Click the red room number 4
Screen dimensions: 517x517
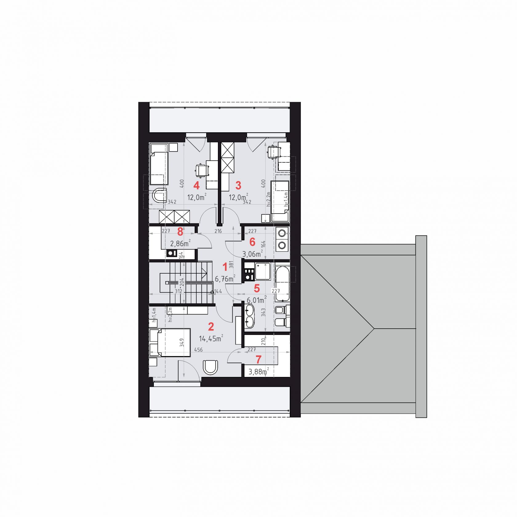click(x=196, y=186)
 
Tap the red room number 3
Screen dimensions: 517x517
click(x=238, y=186)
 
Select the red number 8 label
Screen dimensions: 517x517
click(x=180, y=231)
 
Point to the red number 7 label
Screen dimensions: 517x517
click(x=258, y=359)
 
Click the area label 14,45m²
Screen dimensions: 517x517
click(x=211, y=339)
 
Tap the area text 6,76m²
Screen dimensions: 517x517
click(x=225, y=279)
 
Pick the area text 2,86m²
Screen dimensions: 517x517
click(x=180, y=243)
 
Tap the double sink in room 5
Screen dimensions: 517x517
click(x=250, y=317)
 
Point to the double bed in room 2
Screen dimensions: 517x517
click(x=170, y=343)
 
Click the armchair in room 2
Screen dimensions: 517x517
click(x=211, y=367)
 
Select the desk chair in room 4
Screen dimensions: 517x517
click(x=202, y=170)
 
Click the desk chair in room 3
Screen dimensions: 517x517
click(x=274, y=152)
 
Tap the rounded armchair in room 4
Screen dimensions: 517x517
click(x=160, y=195)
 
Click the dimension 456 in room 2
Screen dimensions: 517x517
click(x=198, y=350)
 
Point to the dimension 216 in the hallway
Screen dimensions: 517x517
click(x=218, y=231)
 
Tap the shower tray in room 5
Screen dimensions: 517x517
click(x=263, y=271)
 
